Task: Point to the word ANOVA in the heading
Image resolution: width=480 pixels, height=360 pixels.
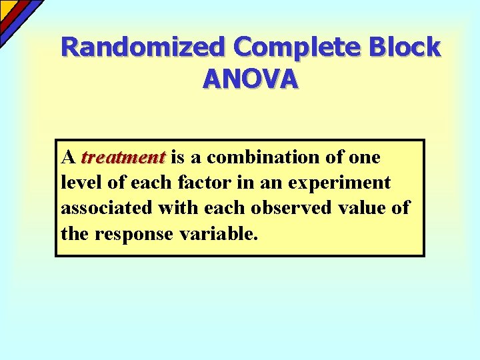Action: pos(250,79)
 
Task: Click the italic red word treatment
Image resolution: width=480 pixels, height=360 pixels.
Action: pos(123,158)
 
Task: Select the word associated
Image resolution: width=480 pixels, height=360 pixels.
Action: pos(107,208)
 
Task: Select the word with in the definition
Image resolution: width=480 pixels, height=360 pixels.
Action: pos(177,208)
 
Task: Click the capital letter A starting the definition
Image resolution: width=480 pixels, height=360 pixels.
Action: pos(67,158)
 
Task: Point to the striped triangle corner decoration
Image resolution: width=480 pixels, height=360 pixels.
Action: pos(15,15)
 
